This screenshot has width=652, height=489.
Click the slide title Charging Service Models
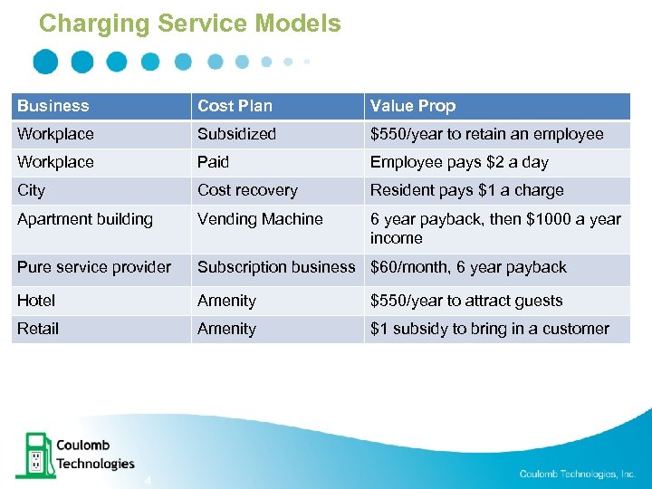click(190, 23)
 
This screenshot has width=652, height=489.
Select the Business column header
click(53, 106)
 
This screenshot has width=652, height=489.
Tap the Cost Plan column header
click(235, 106)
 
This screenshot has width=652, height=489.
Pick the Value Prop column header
click(412, 106)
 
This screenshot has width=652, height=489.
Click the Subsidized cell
click(236, 134)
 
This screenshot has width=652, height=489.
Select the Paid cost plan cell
click(214, 162)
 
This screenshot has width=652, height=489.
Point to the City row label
click(31, 190)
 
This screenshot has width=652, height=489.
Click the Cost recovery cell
click(247, 190)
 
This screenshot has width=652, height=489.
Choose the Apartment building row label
click(85, 219)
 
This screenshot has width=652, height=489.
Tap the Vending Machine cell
click(260, 219)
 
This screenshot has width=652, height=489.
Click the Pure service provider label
click(94, 267)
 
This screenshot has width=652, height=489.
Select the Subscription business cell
click(276, 267)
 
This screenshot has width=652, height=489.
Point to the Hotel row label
click(36, 301)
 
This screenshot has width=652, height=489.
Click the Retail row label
click(37, 329)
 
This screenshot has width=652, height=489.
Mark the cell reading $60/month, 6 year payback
click(468, 267)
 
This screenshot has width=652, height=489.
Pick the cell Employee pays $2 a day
click(459, 162)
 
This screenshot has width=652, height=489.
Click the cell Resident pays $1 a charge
click(466, 190)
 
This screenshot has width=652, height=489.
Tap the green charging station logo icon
click(34, 455)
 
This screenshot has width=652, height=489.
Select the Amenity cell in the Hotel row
click(226, 301)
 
